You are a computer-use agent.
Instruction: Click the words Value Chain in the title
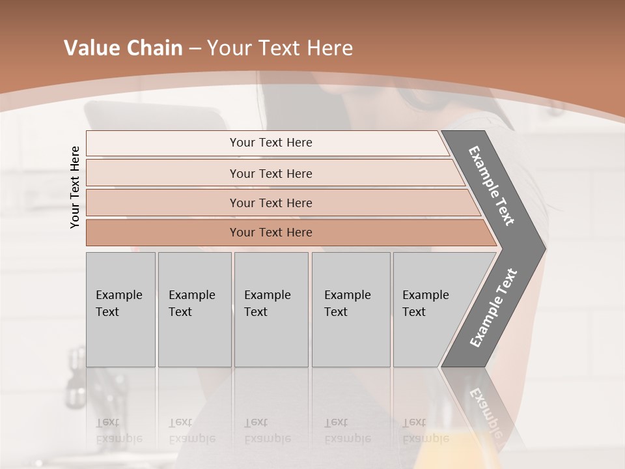(123, 48)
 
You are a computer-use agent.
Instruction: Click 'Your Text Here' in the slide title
(280, 48)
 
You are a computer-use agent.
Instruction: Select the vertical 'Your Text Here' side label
(75, 187)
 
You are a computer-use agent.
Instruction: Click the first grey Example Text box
(120, 309)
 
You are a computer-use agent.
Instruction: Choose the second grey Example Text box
(195, 309)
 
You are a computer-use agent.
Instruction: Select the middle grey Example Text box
(271, 309)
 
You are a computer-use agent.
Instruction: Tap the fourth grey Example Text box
(351, 309)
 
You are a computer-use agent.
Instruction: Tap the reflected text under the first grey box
(118, 430)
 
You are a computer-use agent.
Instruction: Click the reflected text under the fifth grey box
(425, 430)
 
